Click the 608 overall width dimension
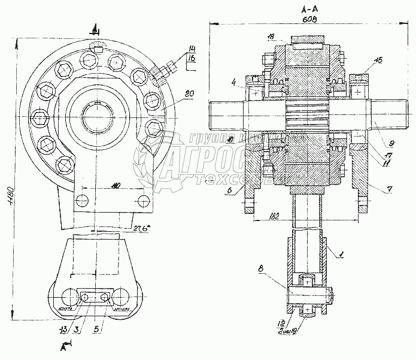pos(309,20)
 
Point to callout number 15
pos(378,60)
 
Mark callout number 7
pos(390,189)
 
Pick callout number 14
pos(191,48)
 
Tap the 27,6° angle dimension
pos(141,227)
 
